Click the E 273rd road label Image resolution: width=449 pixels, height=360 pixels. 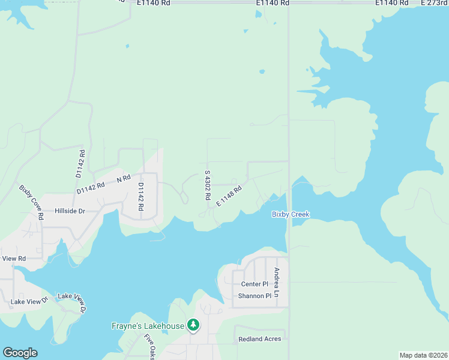point(434,3)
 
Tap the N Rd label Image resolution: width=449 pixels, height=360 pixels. point(124,178)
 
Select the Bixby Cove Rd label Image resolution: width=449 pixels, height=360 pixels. point(32,202)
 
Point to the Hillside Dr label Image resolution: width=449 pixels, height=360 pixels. point(70,211)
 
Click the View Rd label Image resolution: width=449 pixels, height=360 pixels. point(14,259)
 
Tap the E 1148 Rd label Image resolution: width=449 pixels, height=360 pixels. point(229,196)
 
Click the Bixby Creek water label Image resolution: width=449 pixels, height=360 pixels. point(290,214)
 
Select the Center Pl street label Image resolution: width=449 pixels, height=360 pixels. point(255,284)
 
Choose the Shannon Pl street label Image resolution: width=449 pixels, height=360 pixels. point(255,296)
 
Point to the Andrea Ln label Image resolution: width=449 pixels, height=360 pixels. point(277,282)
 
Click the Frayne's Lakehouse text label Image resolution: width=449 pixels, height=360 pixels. point(148,326)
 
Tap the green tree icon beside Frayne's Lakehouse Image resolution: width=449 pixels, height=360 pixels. point(193,325)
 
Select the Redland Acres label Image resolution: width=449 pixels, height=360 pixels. point(259,339)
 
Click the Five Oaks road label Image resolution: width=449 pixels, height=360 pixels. point(149,347)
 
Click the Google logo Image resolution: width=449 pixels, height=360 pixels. point(20,353)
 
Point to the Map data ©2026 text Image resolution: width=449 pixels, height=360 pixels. point(423,355)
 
